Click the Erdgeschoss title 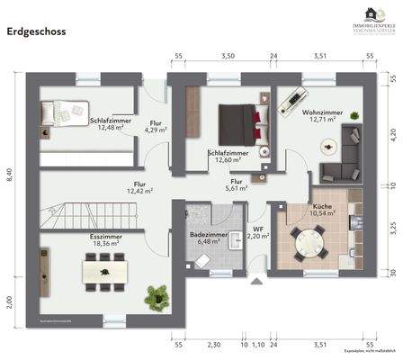click(x=35, y=30)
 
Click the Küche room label click(x=300, y=209)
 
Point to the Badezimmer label click(x=207, y=237)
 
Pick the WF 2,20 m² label click(x=257, y=232)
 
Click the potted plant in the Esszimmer click(x=158, y=294)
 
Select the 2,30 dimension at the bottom click(x=214, y=345)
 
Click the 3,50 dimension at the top click(x=228, y=56)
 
